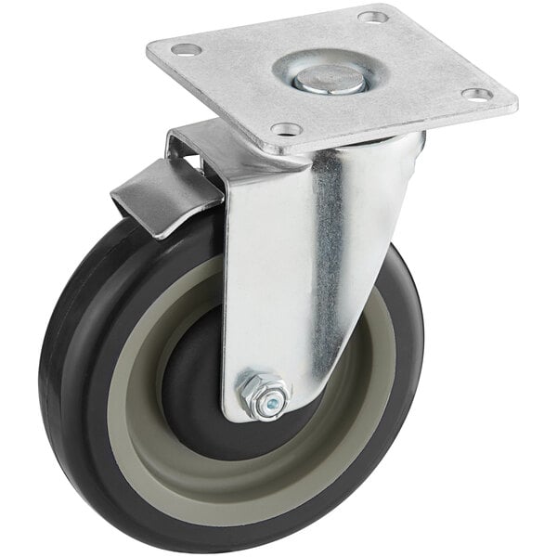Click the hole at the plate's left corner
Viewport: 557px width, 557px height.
coord(187,49)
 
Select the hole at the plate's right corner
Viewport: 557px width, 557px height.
coord(476,95)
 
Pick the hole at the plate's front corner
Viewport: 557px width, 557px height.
coord(287,129)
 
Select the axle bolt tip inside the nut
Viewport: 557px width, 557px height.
coord(271,401)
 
